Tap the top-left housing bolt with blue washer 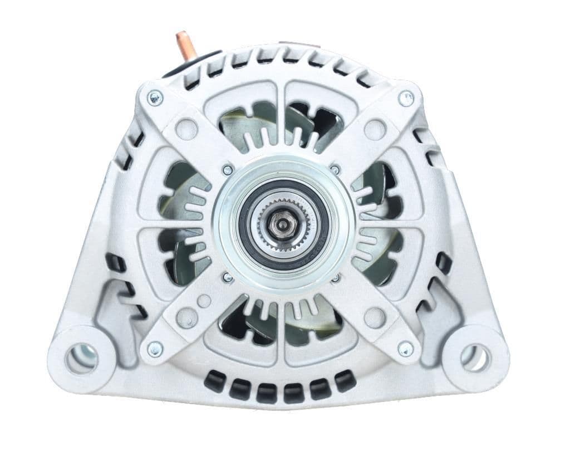point(155,99)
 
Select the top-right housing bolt point(406,99)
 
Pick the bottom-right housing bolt point(406,349)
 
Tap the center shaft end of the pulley point(281,224)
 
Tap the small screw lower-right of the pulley point(336,277)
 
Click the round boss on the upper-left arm point(186,129)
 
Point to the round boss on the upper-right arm point(375,129)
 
